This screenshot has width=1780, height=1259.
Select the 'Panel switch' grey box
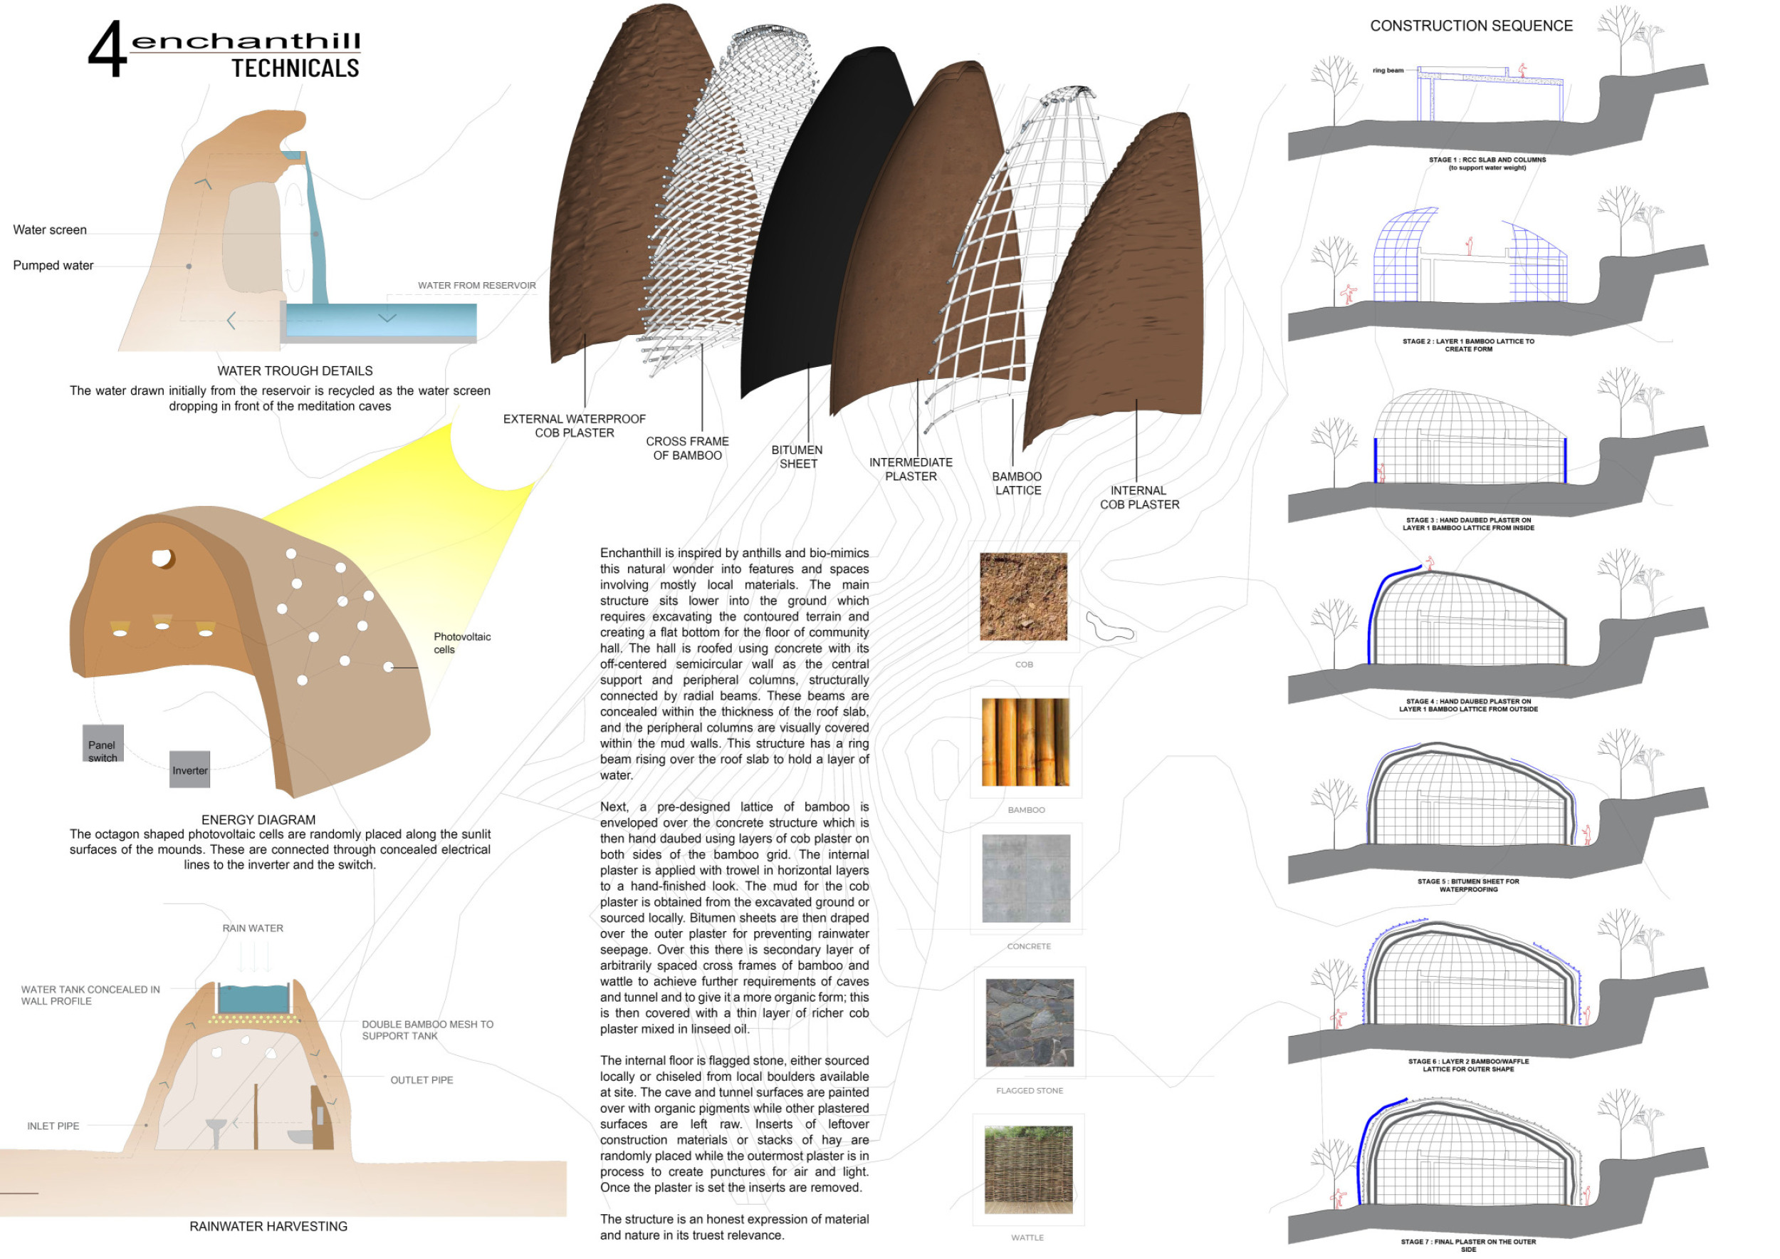[103, 744]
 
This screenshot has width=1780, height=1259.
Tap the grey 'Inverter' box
[190, 770]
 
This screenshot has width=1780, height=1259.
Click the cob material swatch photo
[1023, 596]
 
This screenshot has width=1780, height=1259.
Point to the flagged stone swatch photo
[1030, 1022]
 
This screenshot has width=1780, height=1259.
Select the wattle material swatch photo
[1028, 1170]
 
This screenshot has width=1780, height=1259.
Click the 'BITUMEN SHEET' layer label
[797, 457]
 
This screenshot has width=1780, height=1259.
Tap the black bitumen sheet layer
[822, 233]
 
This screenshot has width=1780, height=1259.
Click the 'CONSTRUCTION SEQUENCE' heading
[1471, 26]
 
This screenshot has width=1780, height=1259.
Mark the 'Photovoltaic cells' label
[461, 643]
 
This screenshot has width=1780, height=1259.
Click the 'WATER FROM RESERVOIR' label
[477, 286]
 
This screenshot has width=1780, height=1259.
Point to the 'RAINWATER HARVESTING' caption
[268, 1226]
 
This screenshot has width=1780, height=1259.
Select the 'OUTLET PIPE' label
[422, 1080]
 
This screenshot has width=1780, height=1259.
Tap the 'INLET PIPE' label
[53, 1126]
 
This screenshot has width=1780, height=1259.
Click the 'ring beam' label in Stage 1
[1388, 71]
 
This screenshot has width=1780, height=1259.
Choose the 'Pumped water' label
[53, 265]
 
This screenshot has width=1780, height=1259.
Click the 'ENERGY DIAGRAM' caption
[258, 820]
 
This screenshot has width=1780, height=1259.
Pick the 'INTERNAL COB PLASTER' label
[1139, 497]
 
